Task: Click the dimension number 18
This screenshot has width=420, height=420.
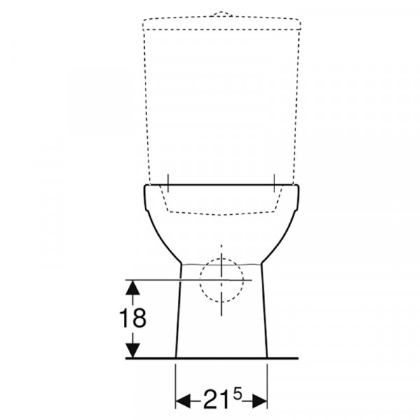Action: tap(132, 318)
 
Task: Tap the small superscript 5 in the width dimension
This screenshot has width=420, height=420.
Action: tap(237, 394)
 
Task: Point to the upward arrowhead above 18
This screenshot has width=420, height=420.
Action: tap(132, 288)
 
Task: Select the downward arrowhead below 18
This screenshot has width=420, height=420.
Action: tap(133, 351)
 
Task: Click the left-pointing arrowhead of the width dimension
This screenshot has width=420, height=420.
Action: tap(183, 401)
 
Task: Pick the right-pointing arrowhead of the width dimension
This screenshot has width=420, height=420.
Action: tap(260, 401)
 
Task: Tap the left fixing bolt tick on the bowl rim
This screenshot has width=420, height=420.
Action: tap(168, 183)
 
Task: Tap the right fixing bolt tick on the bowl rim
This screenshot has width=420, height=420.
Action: tap(274, 183)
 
